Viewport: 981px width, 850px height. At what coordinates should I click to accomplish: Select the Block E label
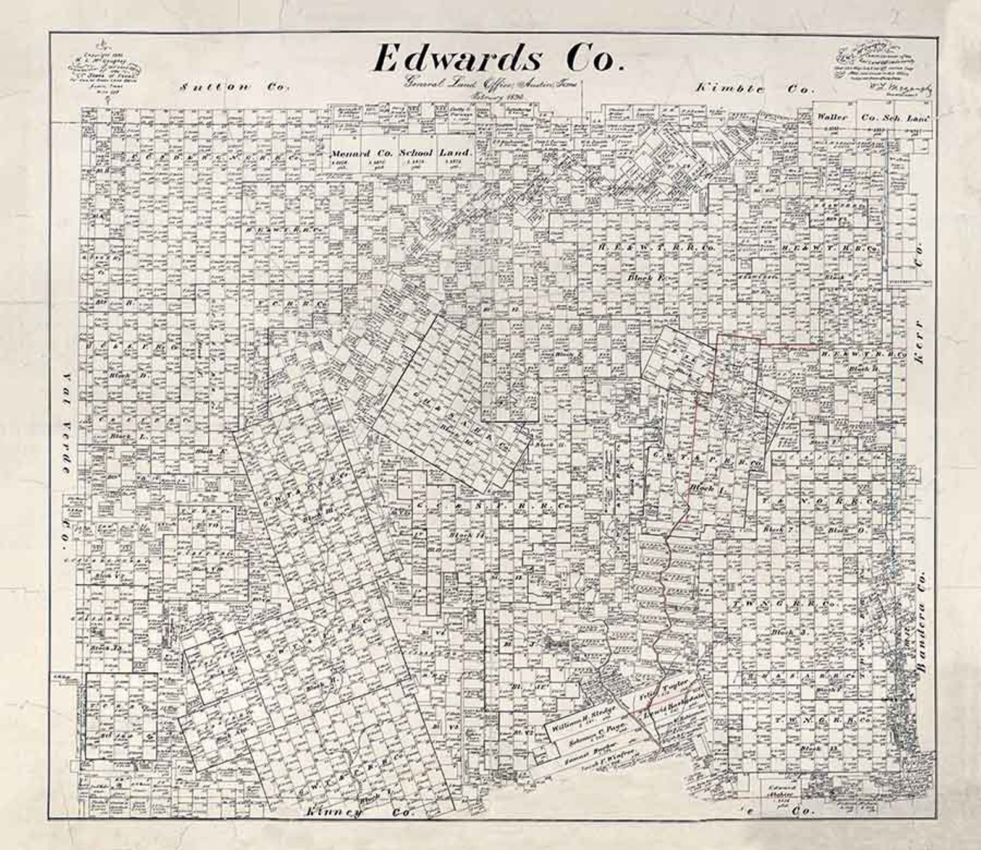click(645, 278)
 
